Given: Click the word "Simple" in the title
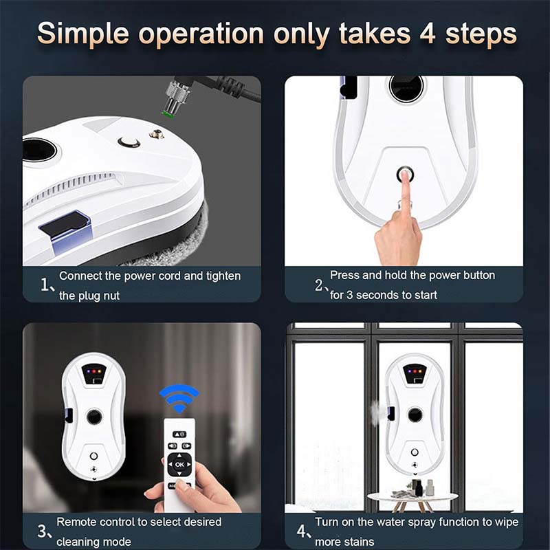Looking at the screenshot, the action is coord(83,34).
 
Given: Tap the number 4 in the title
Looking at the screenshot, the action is coord(428,34).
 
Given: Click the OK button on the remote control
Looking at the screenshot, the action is coord(179,465).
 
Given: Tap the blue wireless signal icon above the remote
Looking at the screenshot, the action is coord(179,399).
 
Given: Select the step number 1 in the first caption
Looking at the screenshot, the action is coord(45,285).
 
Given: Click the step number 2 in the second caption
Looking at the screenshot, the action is coord(319,285).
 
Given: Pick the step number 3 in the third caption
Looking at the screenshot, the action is coord(42,531).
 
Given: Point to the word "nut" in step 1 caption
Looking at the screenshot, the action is coord(111,296).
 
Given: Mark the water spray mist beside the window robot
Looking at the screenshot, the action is coord(375,413).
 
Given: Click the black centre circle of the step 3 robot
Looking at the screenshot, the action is coord(94,417).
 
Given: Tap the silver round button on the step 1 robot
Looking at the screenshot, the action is coord(129,142).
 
